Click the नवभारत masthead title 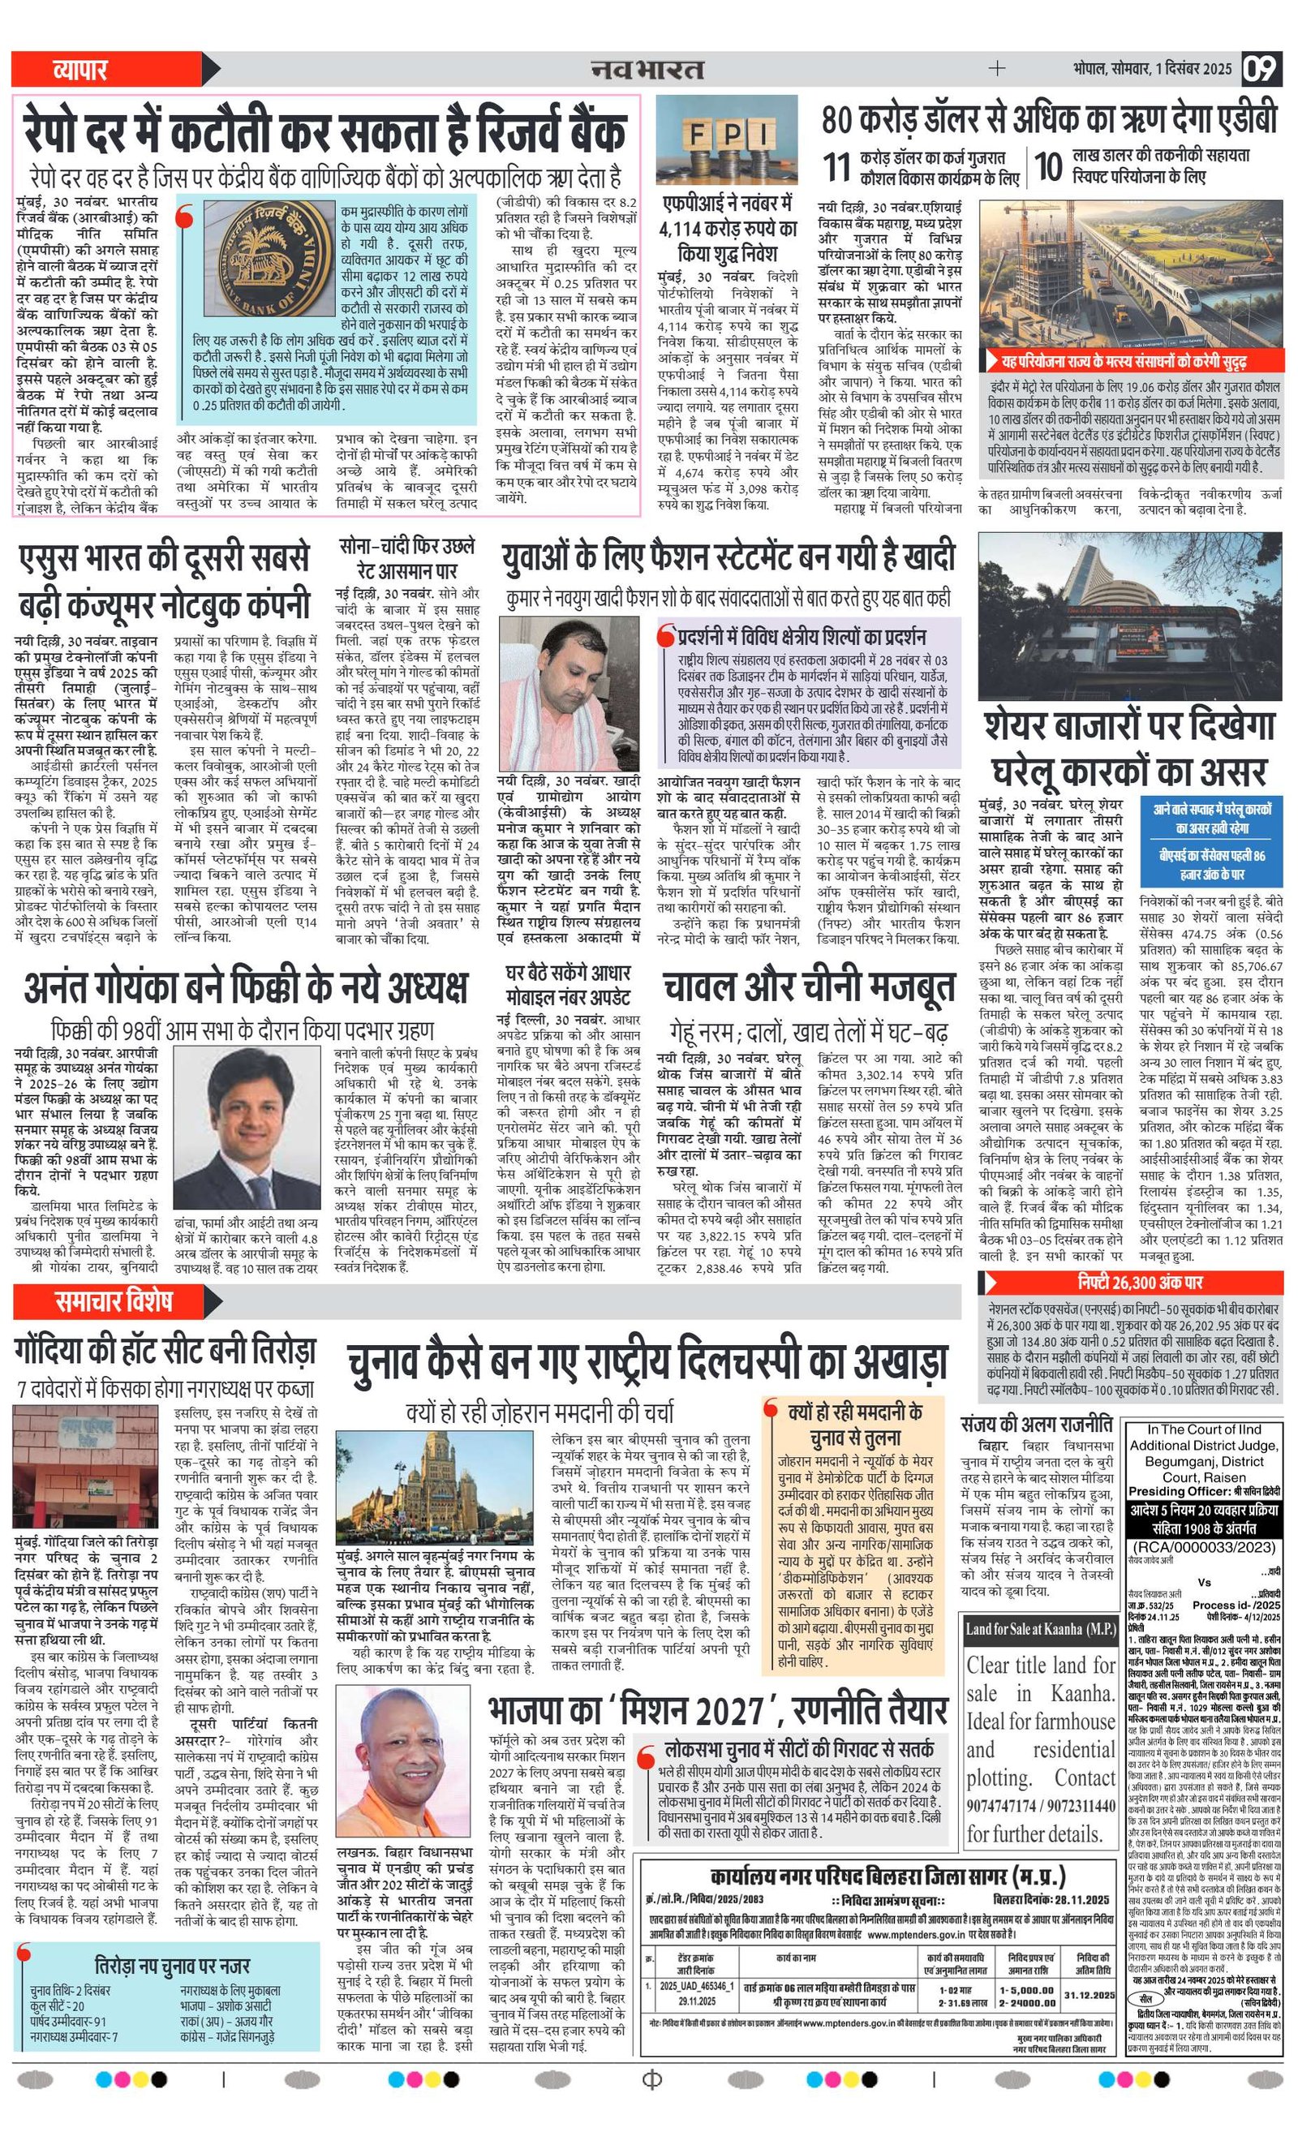(x=647, y=68)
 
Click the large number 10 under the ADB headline (x=1049, y=166)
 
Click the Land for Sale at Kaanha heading (x=1040, y=1628)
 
